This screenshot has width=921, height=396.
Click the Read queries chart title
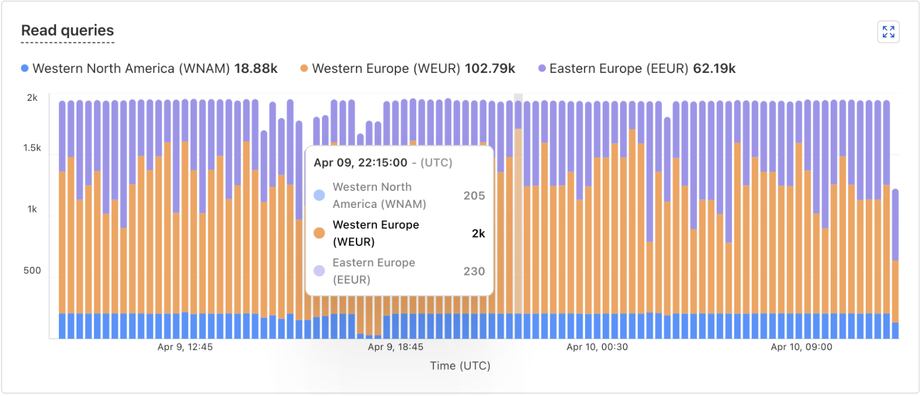click(x=67, y=30)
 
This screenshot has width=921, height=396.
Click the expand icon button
click(x=888, y=32)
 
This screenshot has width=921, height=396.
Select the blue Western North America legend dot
click(x=25, y=68)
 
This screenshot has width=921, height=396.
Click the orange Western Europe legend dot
click(x=304, y=68)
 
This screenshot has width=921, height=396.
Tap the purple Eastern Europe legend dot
click(x=542, y=68)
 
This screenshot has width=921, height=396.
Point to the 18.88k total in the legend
click(x=256, y=68)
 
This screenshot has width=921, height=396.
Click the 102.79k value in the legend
click(x=490, y=68)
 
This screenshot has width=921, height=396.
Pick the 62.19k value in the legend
click(x=714, y=68)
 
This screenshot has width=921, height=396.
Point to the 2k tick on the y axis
click(x=32, y=98)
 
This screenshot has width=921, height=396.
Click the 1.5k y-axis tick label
click(x=32, y=148)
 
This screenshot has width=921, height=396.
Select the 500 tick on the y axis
click(x=32, y=271)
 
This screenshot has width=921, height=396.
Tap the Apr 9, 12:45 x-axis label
click(x=185, y=347)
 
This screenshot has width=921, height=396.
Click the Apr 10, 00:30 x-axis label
click(x=597, y=347)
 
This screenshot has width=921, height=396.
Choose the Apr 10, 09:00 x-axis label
click(x=802, y=347)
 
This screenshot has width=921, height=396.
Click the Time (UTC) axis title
click(x=460, y=366)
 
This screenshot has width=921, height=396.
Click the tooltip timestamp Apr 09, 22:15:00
click(x=360, y=163)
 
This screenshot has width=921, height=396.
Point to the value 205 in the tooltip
click(x=474, y=195)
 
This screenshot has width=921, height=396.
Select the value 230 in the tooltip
click(x=474, y=271)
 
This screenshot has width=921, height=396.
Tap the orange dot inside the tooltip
click(x=319, y=233)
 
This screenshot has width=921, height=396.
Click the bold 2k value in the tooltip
click(x=478, y=233)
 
